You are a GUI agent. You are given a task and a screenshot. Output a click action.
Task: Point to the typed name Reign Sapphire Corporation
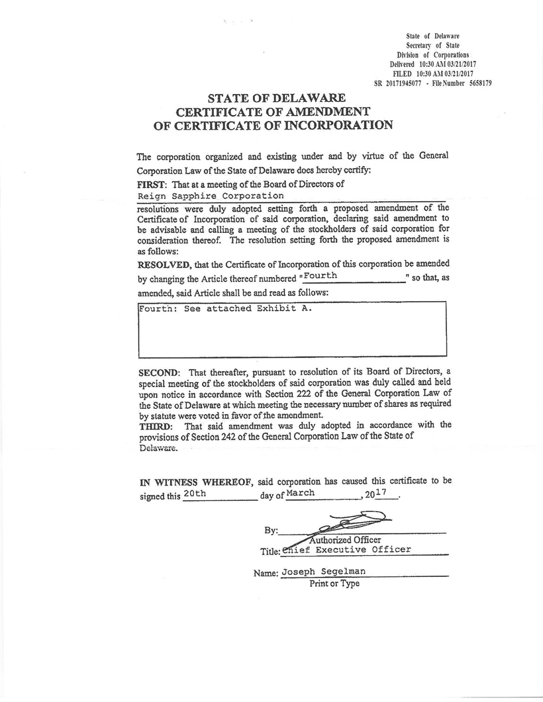[x=210, y=196]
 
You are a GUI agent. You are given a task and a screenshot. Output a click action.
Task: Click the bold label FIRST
[x=150, y=184]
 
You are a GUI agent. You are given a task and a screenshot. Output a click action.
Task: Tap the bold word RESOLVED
[x=164, y=265]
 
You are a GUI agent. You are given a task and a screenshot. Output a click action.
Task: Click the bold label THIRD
[x=154, y=425]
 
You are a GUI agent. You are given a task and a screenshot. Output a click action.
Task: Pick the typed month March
[x=301, y=493]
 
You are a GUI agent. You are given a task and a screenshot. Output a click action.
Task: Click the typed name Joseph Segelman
[x=323, y=572]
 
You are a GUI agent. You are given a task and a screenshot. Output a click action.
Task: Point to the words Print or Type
[x=334, y=584]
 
